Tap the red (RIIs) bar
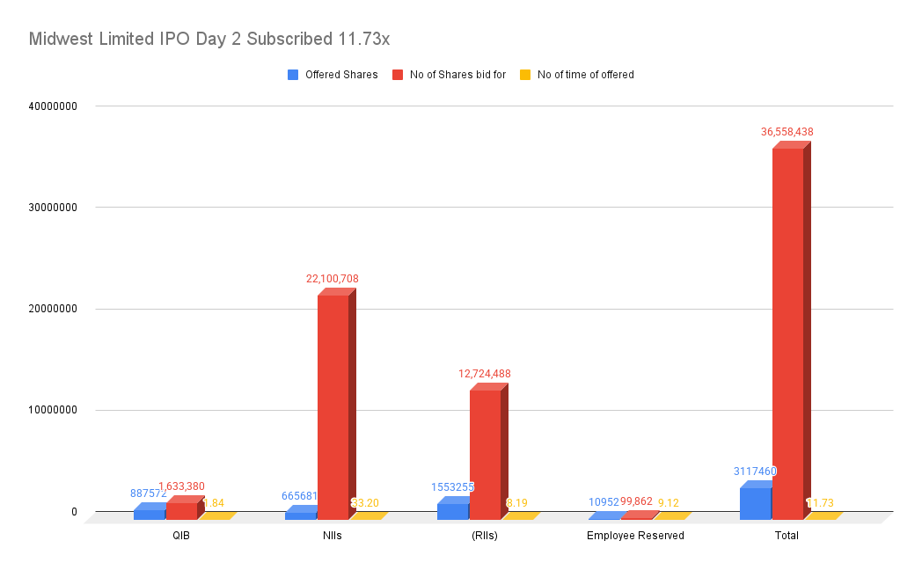pyautogui.click(x=485, y=454)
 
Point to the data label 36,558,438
pyautogui.click(x=787, y=132)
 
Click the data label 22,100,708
pyautogui.click(x=333, y=279)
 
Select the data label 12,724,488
pyautogui.click(x=484, y=374)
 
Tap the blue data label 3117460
pyautogui.click(x=755, y=471)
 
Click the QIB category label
pyautogui.click(x=180, y=536)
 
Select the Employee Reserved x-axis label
pyautogui.click(x=635, y=536)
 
